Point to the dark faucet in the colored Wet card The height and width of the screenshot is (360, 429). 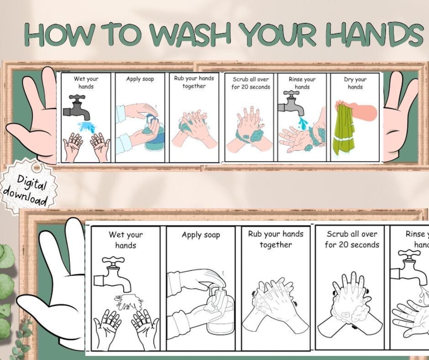tap(76, 107)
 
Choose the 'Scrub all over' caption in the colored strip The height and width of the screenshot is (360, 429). tap(251, 83)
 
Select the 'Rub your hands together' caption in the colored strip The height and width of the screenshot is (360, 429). tap(194, 82)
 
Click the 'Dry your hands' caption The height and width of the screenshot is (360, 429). tap(355, 83)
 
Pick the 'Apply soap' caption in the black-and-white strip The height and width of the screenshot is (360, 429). tap(201, 235)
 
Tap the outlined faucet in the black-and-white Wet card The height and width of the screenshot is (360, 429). tap(113, 275)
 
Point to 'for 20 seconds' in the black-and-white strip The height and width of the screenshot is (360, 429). tap(352, 245)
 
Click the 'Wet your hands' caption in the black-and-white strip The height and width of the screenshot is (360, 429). tap(126, 240)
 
